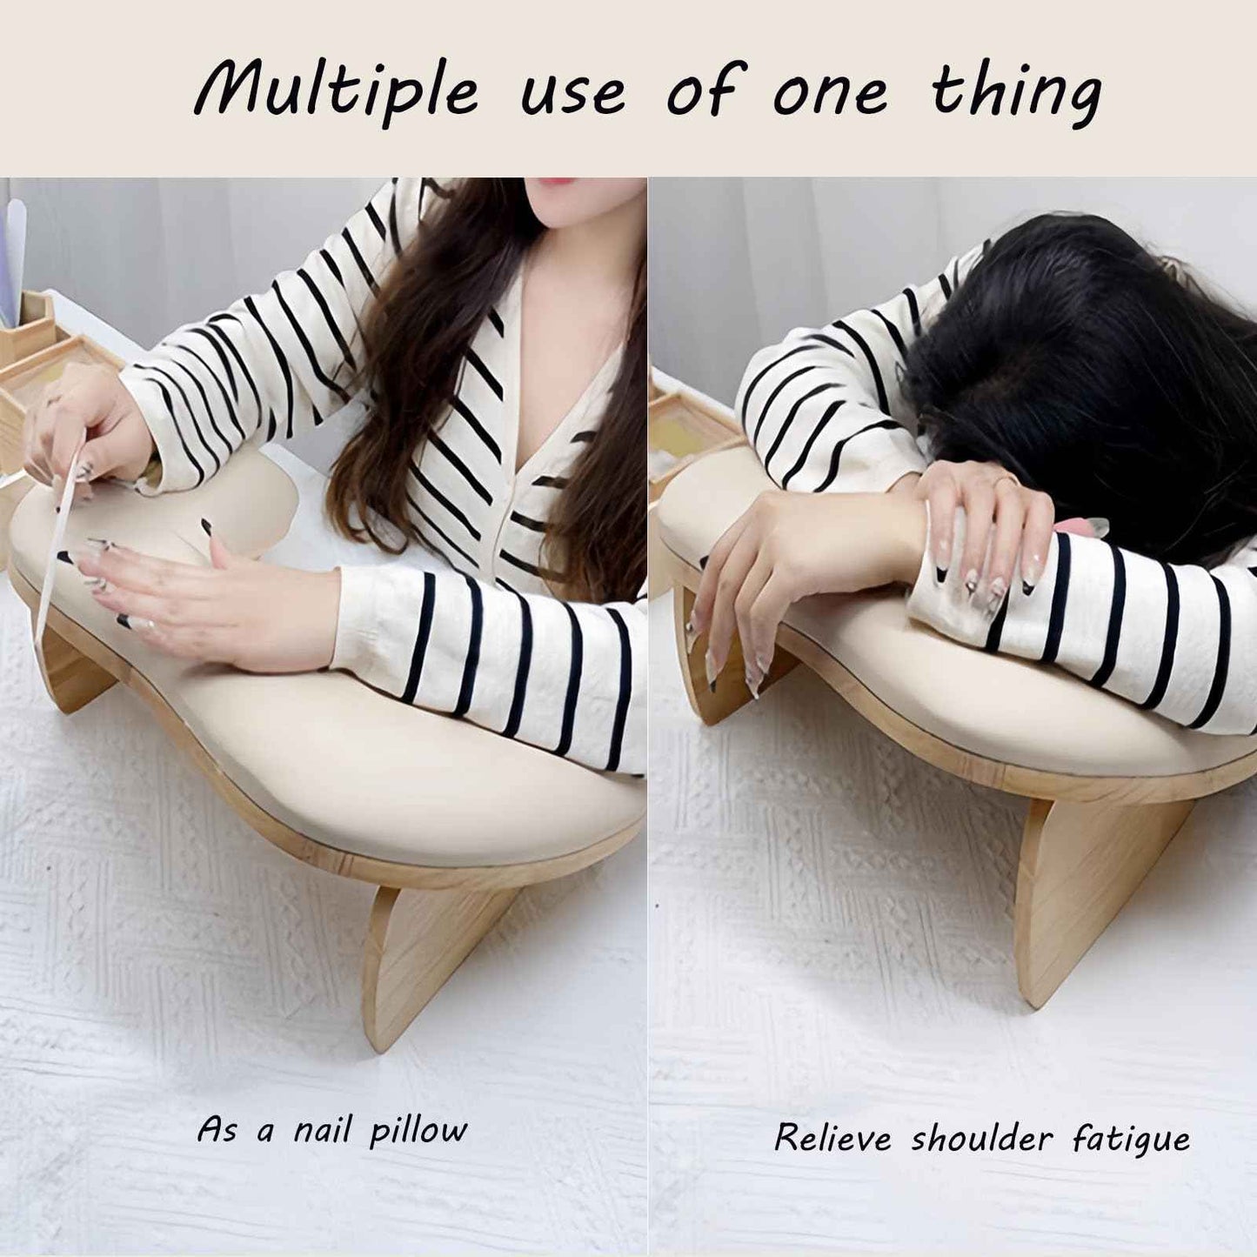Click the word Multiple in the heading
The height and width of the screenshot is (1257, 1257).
click(336, 91)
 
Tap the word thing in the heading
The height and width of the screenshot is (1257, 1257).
click(1016, 91)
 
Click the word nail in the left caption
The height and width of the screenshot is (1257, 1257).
click(324, 1131)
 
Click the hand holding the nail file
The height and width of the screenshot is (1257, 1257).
click(83, 435)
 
